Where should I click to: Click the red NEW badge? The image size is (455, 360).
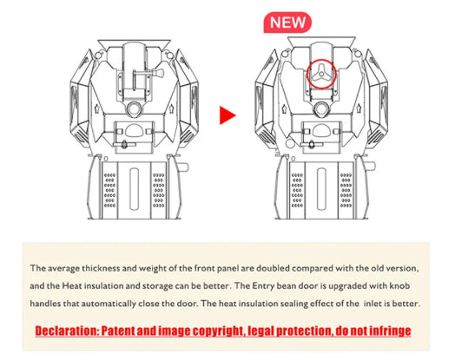(287, 23)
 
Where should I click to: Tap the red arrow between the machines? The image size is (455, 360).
(227, 115)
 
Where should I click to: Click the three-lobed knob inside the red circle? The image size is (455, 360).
(321, 74)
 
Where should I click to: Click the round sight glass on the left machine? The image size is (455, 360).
(134, 109)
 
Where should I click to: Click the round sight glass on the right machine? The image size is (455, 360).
(321, 109)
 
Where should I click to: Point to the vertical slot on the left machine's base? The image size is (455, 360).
(134, 188)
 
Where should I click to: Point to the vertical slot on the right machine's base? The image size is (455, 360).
(321, 188)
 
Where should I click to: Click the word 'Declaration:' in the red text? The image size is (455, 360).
(68, 331)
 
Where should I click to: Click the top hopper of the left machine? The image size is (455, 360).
(134, 43)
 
